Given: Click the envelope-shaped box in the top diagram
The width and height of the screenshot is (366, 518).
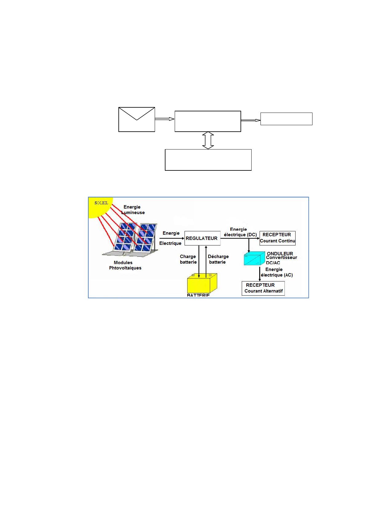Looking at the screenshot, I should tap(137, 119).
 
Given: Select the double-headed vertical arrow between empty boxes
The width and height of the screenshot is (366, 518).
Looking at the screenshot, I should tap(208, 141).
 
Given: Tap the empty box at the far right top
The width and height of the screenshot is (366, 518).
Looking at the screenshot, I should tap(286, 119).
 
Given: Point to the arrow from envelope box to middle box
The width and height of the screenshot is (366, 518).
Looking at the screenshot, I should tap(165, 119).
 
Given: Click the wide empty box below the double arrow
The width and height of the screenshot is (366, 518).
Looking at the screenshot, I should tap(208, 160).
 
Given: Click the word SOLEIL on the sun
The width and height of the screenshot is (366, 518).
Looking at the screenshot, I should tap(101, 203).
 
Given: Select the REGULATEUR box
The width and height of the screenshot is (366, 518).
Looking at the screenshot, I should tap(202, 238).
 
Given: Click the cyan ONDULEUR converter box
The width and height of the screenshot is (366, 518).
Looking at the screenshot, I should tap(254, 259).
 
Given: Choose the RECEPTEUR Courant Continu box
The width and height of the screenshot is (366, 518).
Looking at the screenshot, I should tap(277, 238).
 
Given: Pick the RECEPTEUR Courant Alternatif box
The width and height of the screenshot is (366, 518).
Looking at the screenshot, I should tap(263, 288).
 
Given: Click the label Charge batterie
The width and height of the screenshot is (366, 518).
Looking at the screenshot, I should tap(188, 259).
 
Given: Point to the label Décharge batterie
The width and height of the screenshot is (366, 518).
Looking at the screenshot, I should tap(218, 259).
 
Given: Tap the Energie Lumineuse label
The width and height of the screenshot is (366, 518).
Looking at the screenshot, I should tap(133, 210).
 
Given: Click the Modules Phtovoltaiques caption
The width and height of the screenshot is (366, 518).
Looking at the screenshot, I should tap(125, 265).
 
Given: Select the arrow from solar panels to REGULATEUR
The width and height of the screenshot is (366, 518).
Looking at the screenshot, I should tap(171, 238).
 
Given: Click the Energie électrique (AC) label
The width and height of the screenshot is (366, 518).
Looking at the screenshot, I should tap(276, 272).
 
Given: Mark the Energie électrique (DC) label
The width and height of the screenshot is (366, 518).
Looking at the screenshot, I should tap(240, 232).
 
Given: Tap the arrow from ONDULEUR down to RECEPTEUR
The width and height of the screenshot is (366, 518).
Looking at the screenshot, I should tap(260, 273).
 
